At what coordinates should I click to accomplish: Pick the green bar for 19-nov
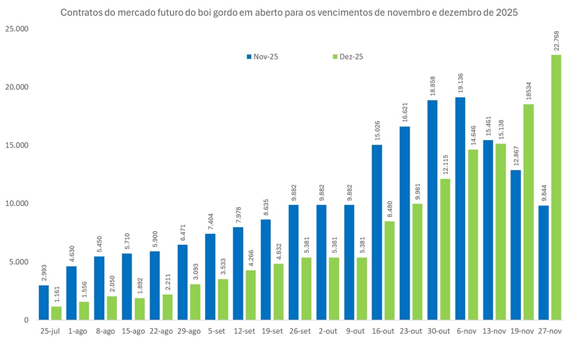pos(528,212)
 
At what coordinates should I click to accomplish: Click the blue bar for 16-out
pos(377,232)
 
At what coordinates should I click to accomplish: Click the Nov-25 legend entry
pos(265,57)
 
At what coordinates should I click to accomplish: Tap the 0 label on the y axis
pos(25,320)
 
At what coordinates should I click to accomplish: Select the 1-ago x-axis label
pos(78,331)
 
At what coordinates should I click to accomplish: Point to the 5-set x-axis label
pos(217,331)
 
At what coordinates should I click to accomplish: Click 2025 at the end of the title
pos(507,12)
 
